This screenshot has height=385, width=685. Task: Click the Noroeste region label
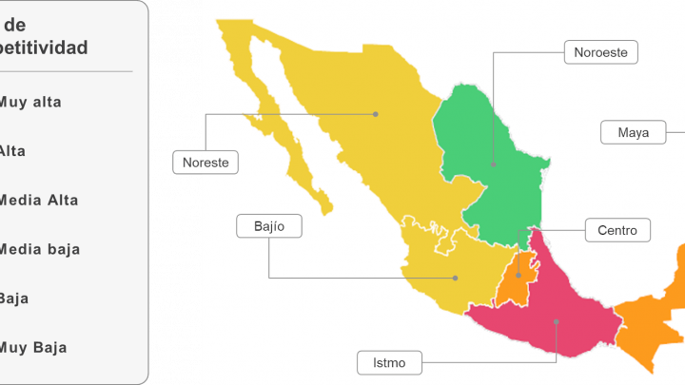[600, 52]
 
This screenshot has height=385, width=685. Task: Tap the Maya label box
[633, 132]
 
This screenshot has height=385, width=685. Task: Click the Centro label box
[616, 229]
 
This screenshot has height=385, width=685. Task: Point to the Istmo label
[388, 362]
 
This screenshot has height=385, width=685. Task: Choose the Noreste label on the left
[205, 163]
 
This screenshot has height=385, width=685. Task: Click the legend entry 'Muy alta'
[30, 102]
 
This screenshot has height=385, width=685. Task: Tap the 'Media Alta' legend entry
[39, 201]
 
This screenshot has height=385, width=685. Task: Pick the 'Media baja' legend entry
[39, 249]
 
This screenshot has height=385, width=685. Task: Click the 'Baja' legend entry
[14, 298]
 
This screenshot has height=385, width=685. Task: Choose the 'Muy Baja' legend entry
[33, 347]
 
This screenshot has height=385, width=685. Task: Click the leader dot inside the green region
[494, 164]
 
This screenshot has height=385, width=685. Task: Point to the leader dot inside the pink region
[558, 322]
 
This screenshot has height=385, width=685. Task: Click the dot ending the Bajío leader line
[456, 278]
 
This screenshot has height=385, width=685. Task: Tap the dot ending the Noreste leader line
[376, 114]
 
